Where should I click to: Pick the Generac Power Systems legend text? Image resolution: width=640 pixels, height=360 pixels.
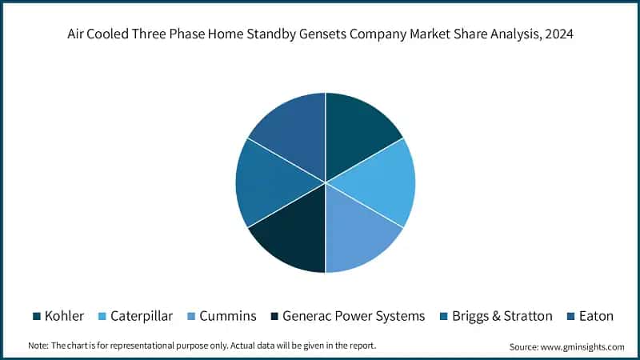click(x=354, y=316)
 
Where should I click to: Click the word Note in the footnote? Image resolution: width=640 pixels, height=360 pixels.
click(x=38, y=346)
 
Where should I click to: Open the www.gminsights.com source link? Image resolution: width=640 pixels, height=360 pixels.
click(x=583, y=346)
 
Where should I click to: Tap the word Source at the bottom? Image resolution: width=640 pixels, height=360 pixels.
click(x=524, y=346)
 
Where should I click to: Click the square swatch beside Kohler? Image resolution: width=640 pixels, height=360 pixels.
click(x=37, y=316)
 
